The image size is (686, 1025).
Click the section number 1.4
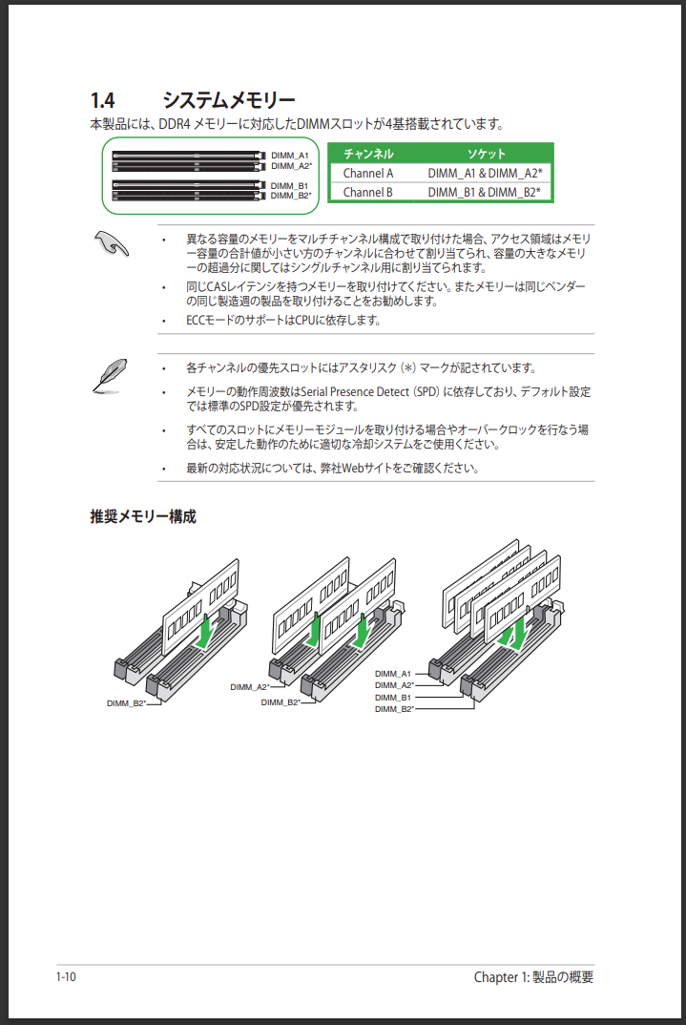click(x=103, y=100)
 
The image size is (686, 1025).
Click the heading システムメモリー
click(x=229, y=100)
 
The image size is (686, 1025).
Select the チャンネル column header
click(x=368, y=154)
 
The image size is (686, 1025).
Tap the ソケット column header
click(x=486, y=154)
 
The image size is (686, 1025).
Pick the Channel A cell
click(x=368, y=174)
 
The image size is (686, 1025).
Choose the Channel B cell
click(x=368, y=192)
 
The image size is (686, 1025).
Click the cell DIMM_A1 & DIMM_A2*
click(x=485, y=174)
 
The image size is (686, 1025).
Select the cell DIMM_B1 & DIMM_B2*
click(x=484, y=192)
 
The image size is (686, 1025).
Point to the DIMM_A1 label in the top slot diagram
click(x=289, y=156)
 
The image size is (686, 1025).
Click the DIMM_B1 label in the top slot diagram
click(x=289, y=186)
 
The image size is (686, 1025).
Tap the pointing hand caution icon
click(x=111, y=243)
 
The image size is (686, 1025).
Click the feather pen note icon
click(x=110, y=376)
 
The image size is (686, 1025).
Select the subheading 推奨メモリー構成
click(x=143, y=516)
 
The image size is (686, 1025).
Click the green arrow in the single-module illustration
click(x=204, y=632)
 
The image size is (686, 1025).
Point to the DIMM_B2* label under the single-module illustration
click(x=126, y=703)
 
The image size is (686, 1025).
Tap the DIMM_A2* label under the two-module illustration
click(x=250, y=687)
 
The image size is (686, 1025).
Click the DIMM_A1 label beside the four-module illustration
click(x=393, y=673)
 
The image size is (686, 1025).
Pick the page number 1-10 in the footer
click(x=66, y=976)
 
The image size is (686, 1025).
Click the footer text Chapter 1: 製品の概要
click(x=533, y=976)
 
